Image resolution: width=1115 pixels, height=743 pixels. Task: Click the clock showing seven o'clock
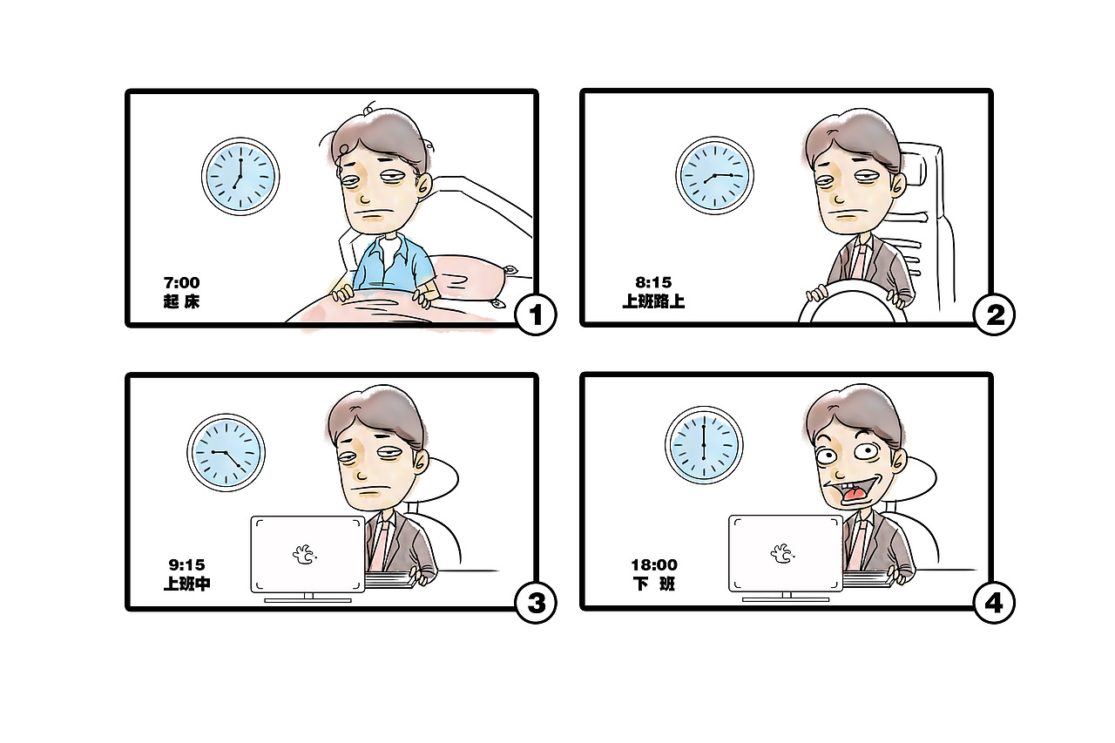240,175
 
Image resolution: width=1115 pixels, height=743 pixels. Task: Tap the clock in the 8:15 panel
715,175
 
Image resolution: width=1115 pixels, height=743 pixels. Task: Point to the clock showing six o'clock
704,444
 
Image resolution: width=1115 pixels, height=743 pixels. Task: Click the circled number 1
536,315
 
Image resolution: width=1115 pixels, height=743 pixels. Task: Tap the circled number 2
994,315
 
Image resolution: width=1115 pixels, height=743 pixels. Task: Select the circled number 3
536,602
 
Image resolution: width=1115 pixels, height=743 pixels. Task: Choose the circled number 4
994,602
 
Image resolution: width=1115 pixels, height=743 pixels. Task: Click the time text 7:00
181,283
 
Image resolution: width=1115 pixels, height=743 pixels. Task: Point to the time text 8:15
653,283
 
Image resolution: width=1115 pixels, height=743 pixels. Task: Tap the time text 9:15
186,565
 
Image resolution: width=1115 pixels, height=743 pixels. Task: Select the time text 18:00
653,565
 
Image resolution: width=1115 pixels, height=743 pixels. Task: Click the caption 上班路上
653,302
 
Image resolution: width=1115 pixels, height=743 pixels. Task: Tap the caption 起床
181,302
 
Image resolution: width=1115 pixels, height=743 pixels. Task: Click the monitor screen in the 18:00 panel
785,553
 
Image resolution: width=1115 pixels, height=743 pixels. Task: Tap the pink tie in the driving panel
860,260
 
